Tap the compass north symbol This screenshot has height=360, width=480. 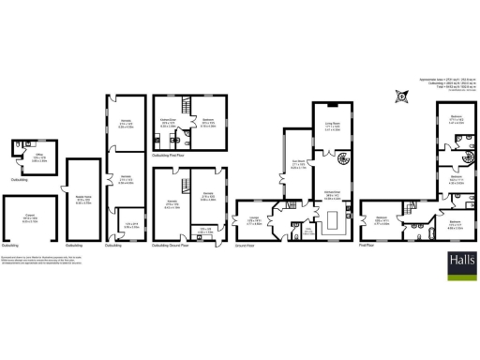(401, 96)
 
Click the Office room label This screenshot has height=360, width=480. (38, 158)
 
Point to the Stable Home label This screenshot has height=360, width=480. (82, 199)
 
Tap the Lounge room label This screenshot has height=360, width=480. (254, 222)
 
